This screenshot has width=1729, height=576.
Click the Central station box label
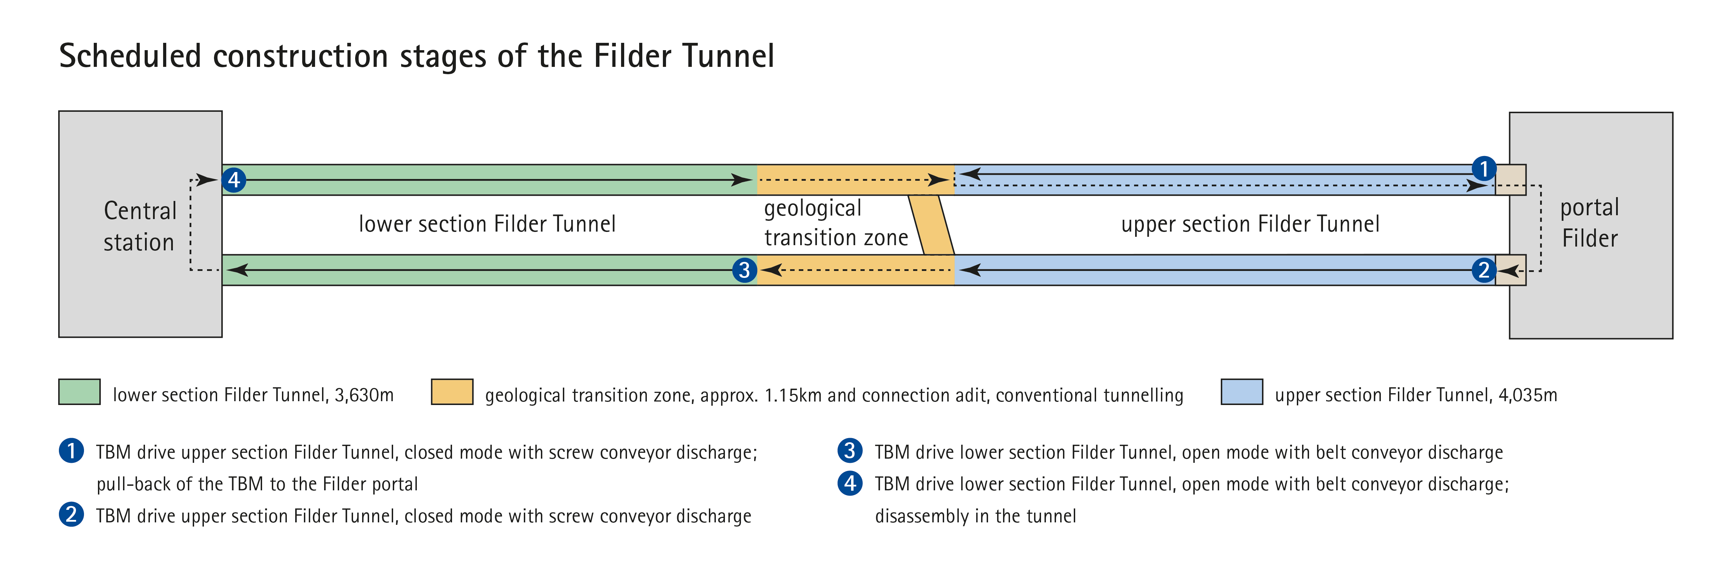click(140, 226)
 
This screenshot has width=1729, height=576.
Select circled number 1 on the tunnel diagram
click(1484, 168)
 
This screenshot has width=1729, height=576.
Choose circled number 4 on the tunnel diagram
click(234, 180)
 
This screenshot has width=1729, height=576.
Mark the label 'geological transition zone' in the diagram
click(836, 223)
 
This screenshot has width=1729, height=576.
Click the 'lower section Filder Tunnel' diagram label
click(487, 224)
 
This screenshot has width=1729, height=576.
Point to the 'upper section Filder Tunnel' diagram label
click(1250, 224)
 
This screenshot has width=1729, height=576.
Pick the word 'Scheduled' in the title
click(130, 56)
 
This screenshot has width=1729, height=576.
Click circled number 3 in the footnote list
click(850, 451)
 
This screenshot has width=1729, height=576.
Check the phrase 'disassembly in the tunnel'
click(975, 516)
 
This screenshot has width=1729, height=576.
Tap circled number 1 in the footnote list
click(71, 451)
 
